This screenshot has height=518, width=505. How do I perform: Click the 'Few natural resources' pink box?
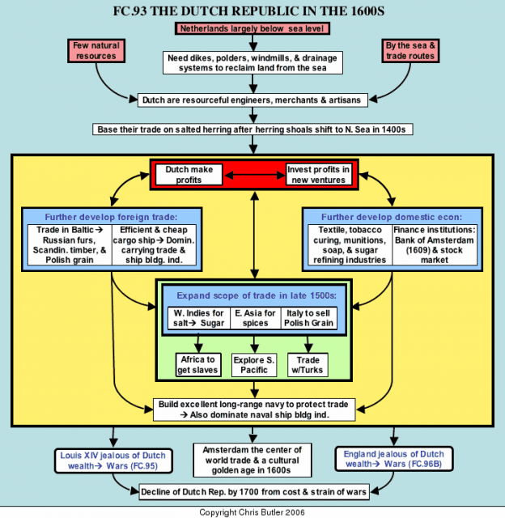(96, 50)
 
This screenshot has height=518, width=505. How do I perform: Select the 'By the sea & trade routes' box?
(410, 50)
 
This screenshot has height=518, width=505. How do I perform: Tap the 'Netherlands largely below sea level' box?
(252, 28)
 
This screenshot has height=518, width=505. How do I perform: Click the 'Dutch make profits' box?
(189, 175)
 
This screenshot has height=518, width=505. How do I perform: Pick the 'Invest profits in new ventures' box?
(318, 175)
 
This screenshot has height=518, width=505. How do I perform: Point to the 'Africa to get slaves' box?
(197, 365)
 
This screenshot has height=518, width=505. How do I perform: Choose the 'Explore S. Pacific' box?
(254, 365)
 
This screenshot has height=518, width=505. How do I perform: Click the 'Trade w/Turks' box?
(308, 365)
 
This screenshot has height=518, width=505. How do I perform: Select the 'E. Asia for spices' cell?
(255, 318)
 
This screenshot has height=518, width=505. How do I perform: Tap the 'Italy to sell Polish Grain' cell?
(309, 318)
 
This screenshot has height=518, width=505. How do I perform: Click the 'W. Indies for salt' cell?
(199, 318)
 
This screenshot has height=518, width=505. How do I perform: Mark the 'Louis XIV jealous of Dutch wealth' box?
(113, 461)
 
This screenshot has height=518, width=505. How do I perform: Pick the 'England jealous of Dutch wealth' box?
(394, 459)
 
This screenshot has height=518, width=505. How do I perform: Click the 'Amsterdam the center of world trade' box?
(252, 461)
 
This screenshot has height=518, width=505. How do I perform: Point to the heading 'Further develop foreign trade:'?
(112, 217)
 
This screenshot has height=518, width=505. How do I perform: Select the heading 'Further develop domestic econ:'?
(392, 217)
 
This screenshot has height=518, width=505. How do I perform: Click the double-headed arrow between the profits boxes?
(254, 175)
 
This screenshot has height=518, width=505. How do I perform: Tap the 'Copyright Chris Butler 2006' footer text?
(252, 512)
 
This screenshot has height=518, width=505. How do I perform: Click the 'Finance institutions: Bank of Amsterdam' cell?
(435, 244)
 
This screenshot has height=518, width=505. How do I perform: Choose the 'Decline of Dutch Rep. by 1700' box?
(253, 492)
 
